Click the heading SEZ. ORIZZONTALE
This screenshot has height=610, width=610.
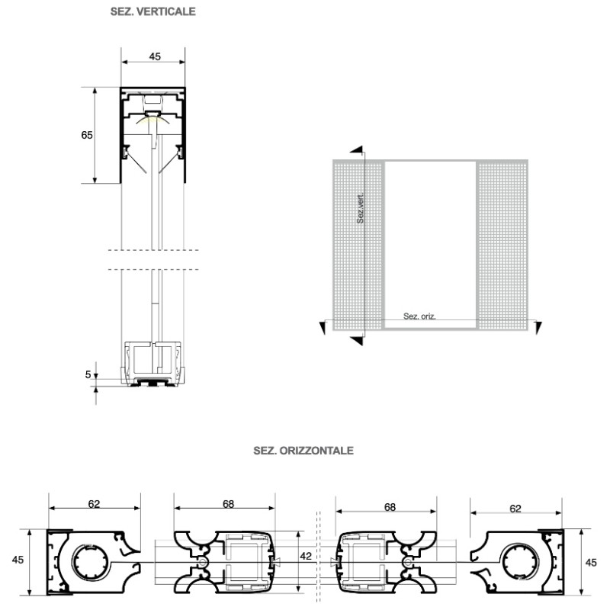(x=303, y=451)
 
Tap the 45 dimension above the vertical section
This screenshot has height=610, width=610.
(x=154, y=56)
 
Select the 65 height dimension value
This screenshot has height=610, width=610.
(x=87, y=135)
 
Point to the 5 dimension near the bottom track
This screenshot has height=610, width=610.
(x=88, y=374)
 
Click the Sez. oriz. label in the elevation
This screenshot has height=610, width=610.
(x=419, y=316)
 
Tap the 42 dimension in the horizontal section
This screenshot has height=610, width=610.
(x=306, y=557)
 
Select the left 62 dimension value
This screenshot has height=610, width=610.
(x=94, y=504)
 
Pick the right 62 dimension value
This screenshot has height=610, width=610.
(x=515, y=507)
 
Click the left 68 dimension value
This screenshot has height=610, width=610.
(x=229, y=504)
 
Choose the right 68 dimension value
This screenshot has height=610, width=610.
(x=390, y=507)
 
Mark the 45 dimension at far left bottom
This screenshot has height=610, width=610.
(x=18, y=560)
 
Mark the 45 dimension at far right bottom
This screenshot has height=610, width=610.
(x=590, y=563)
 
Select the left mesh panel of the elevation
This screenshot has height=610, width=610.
(x=357, y=244)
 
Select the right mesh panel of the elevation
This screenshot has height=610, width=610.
(x=502, y=244)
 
